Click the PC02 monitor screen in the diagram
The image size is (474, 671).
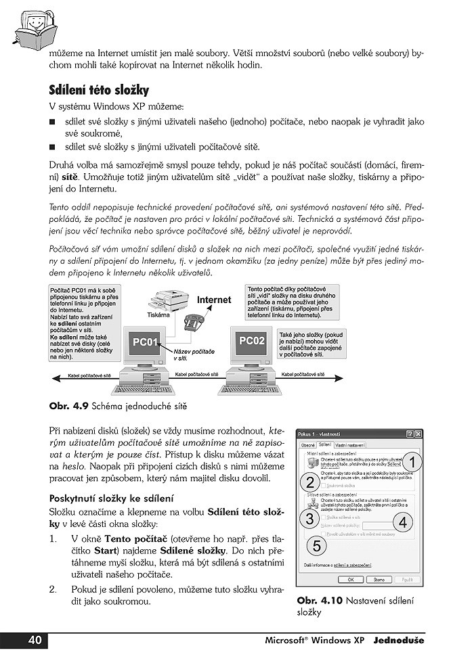point(252,340)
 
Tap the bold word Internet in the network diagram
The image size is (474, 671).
point(214,300)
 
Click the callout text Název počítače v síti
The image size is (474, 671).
point(194,355)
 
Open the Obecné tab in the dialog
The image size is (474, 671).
point(308,445)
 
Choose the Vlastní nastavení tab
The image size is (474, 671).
point(350,445)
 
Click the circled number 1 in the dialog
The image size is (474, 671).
point(414,462)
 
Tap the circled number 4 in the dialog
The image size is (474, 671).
point(403,522)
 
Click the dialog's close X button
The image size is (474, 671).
point(418,434)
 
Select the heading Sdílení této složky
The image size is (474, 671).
point(99,90)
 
